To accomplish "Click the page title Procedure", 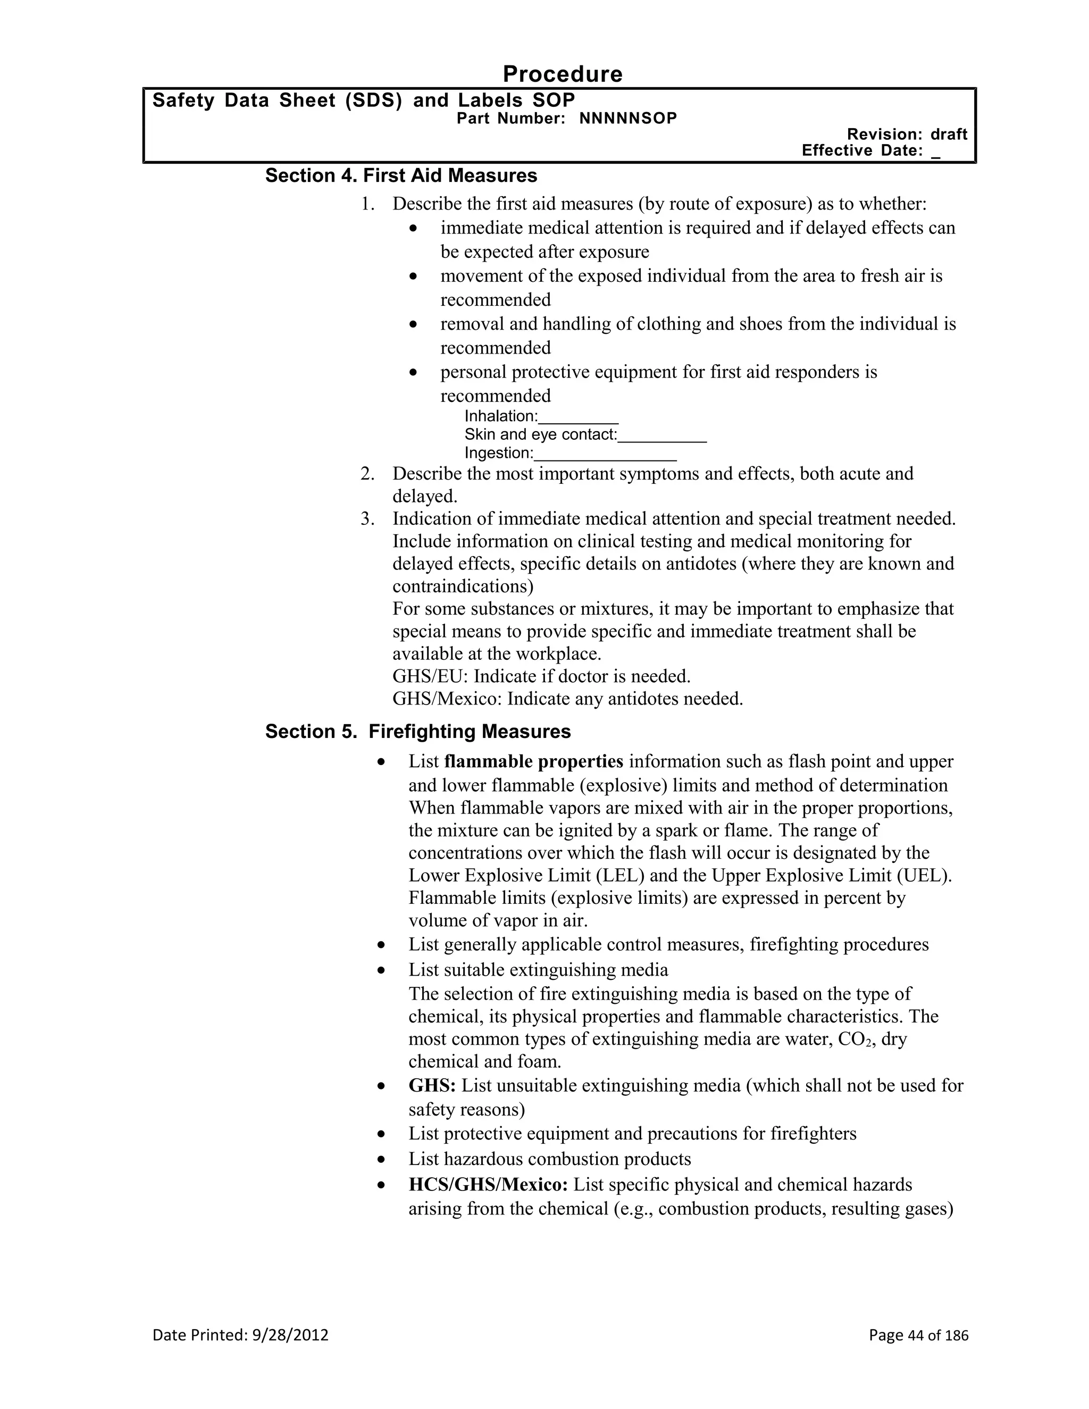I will (x=562, y=74).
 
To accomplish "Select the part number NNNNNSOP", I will (x=628, y=119).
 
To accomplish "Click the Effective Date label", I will (x=862, y=150).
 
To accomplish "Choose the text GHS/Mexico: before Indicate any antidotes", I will (x=447, y=699).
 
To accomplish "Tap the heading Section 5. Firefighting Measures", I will (x=417, y=732).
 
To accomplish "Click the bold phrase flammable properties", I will (x=533, y=762).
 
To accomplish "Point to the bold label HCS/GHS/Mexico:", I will (x=488, y=1185).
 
